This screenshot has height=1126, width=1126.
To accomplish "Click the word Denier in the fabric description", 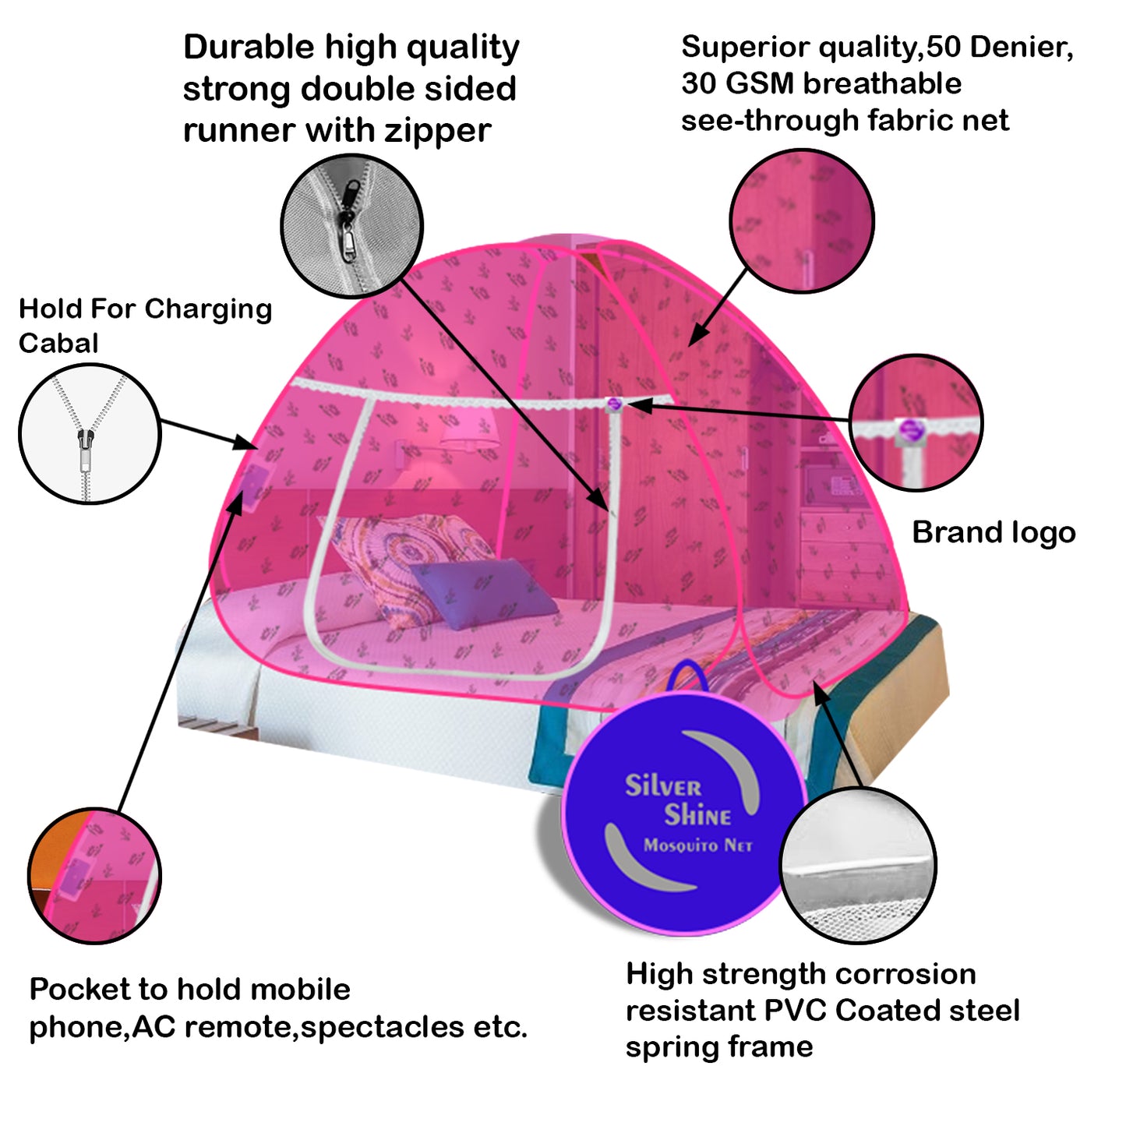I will pos(1022,48).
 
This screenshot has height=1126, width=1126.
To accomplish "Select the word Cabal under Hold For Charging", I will pos(58,343).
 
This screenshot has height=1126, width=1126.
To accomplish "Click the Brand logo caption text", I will pos(994,533).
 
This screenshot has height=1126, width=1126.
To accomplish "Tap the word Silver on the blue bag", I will pos(662,785).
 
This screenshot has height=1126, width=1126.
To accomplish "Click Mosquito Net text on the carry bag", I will pos(697,845).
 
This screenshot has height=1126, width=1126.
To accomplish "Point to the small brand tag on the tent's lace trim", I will pos(614,404).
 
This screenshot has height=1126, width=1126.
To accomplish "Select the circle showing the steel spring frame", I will pos(857,865).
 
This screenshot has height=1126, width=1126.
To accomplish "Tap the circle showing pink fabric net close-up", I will pos(801,221).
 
